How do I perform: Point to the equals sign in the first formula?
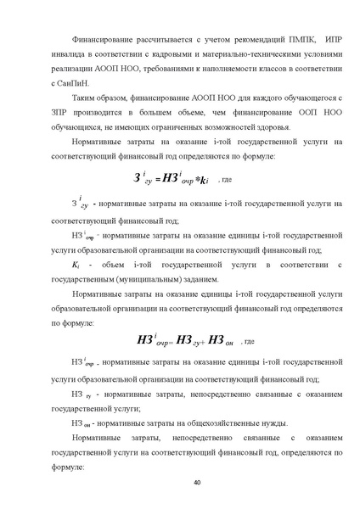[157, 182]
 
